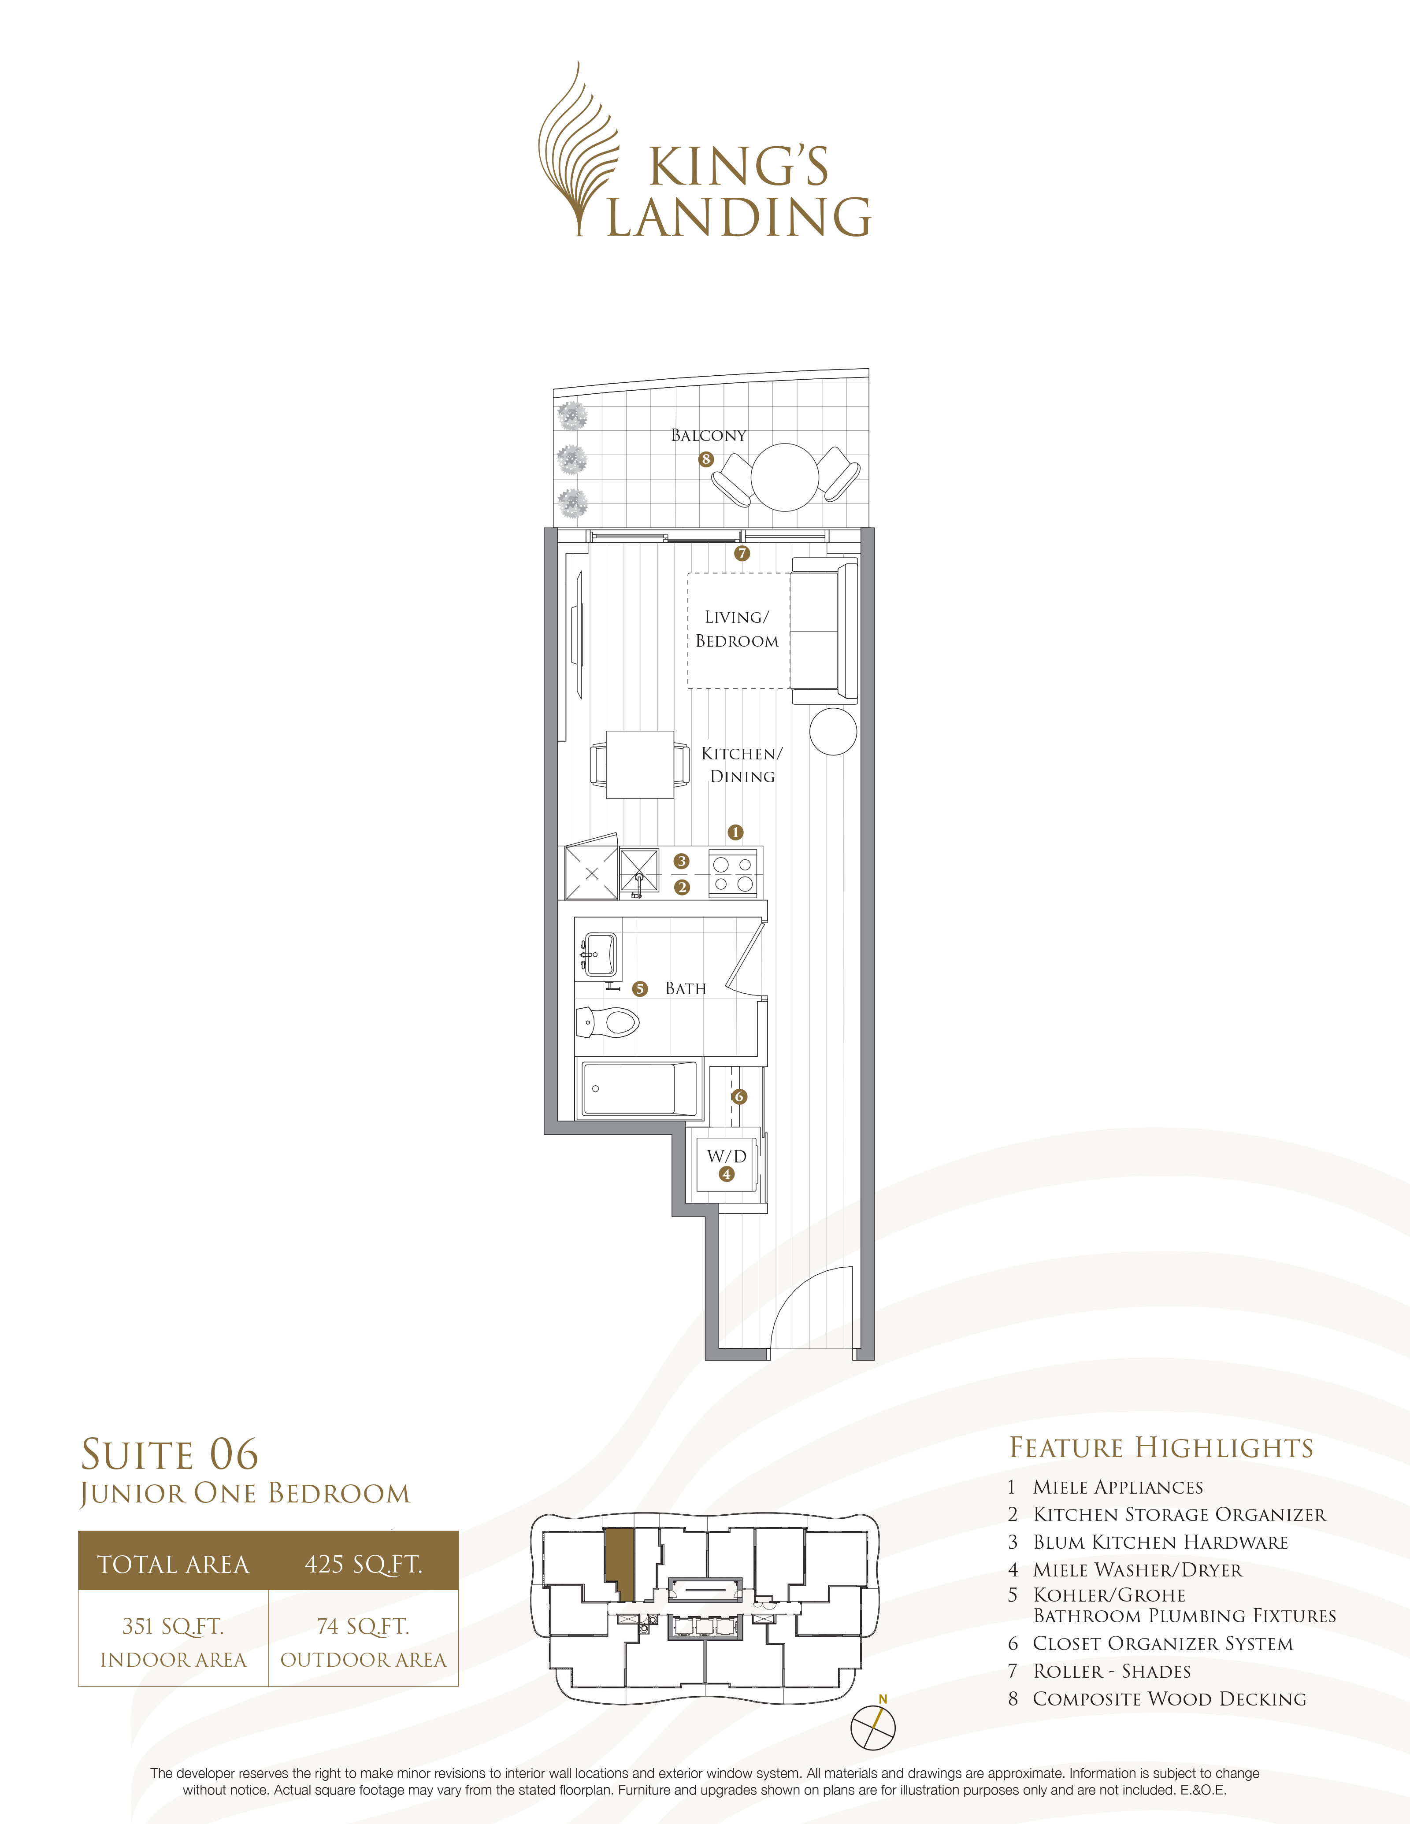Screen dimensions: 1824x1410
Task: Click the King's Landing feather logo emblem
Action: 578,150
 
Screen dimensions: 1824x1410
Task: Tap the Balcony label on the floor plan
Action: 709,435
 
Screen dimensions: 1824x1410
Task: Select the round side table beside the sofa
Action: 833,732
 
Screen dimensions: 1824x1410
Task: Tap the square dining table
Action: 640,764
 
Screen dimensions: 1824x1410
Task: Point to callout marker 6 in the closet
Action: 738,1097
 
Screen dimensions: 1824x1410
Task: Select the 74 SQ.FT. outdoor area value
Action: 364,1626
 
